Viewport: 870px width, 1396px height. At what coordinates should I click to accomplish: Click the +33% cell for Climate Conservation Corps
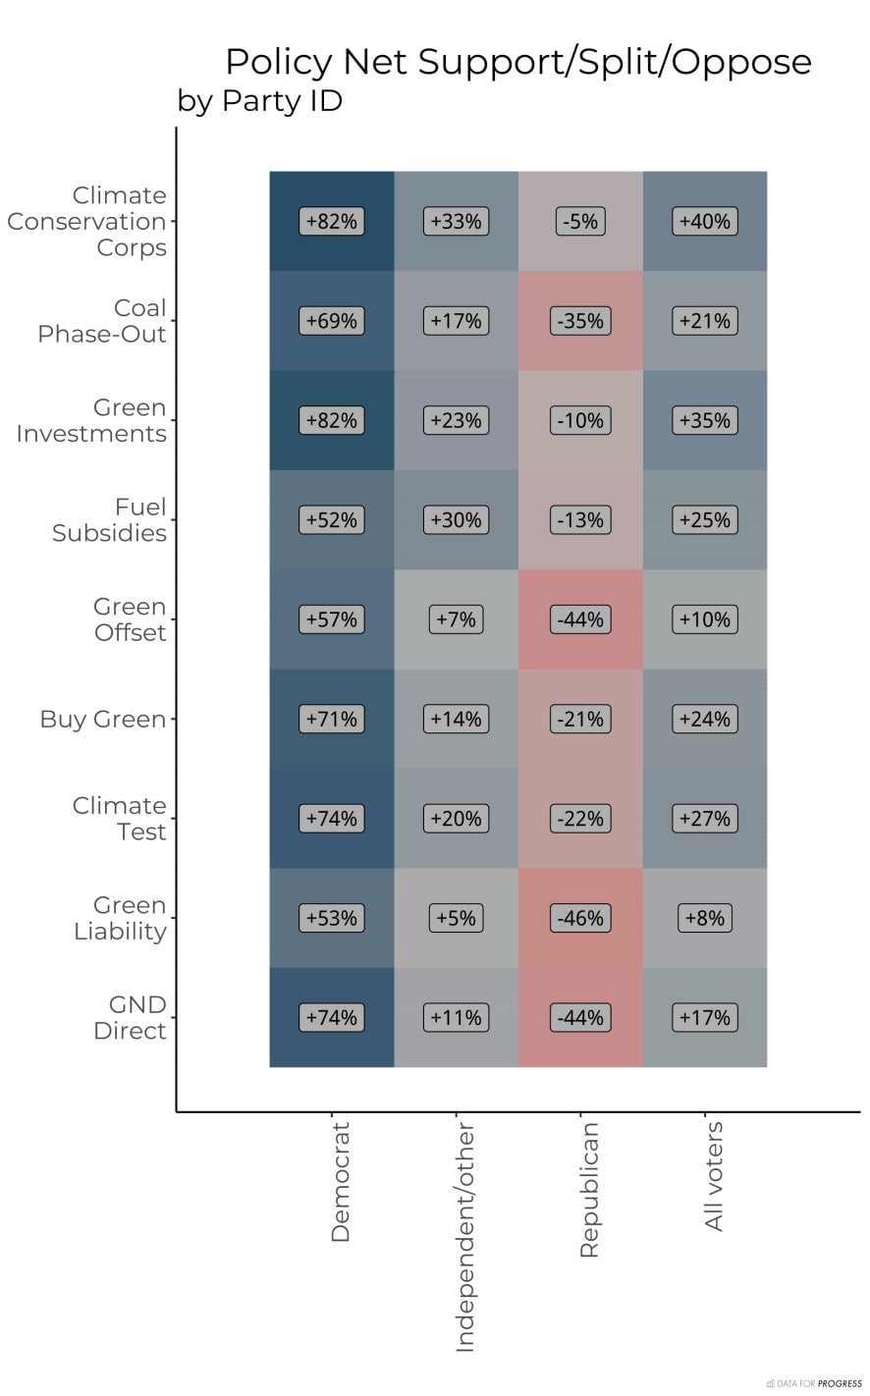pyautogui.click(x=456, y=222)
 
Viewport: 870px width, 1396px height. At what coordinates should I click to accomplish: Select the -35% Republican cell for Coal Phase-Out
pyautogui.click(x=580, y=321)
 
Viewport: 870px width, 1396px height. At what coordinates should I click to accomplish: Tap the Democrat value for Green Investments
pyautogui.click(x=332, y=420)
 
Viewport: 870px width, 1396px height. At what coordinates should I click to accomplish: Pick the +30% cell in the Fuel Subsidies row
pyautogui.click(x=456, y=520)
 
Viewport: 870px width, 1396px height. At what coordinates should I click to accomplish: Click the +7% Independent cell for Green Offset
pyautogui.click(x=456, y=619)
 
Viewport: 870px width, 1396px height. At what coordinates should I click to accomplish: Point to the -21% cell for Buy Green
pyautogui.click(x=580, y=719)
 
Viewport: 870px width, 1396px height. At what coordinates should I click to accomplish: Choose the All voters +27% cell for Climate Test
pyautogui.click(x=705, y=819)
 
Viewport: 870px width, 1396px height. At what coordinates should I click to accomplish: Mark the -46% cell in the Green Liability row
pyautogui.click(x=580, y=918)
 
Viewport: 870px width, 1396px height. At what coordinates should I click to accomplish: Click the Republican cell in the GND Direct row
pyautogui.click(x=580, y=1017)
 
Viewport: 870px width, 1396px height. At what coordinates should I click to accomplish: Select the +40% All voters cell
pyautogui.click(x=705, y=222)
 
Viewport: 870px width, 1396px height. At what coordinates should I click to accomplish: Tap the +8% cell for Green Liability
pyautogui.click(x=705, y=918)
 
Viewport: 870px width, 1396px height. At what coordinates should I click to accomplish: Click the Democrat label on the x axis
pyautogui.click(x=340, y=1182)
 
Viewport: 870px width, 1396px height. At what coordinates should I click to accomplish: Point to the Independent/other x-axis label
pyautogui.click(x=464, y=1238)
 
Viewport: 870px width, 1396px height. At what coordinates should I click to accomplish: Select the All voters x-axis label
pyautogui.click(x=714, y=1176)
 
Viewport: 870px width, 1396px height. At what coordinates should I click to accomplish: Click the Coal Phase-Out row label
pyautogui.click(x=102, y=321)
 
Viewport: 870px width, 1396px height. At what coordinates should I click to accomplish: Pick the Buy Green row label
pyautogui.click(x=103, y=720)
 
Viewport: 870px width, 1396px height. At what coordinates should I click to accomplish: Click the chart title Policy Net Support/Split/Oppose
pyautogui.click(x=517, y=62)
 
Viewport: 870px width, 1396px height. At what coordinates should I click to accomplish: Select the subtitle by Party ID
pyautogui.click(x=259, y=101)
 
